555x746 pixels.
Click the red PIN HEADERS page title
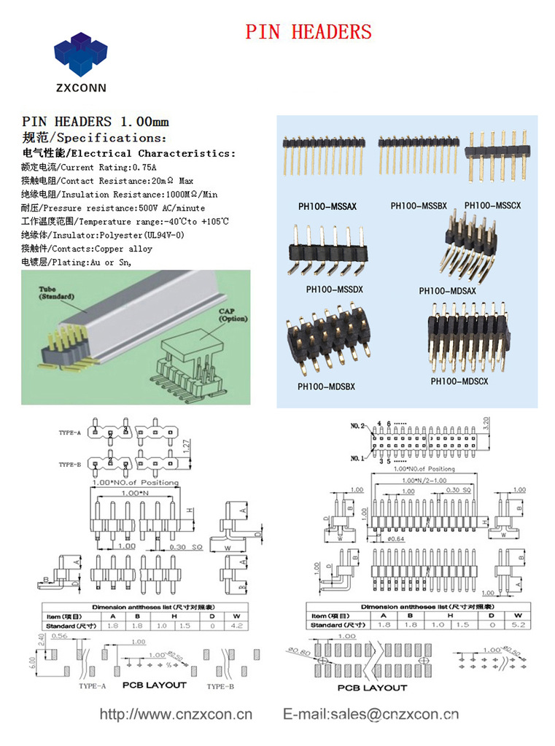[x=308, y=32]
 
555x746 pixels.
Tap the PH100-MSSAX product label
[x=327, y=206]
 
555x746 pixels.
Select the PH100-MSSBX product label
[x=419, y=206]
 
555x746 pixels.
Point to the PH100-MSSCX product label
[x=493, y=206]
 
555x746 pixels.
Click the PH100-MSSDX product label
[x=335, y=290]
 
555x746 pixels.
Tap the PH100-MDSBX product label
[x=326, y=386]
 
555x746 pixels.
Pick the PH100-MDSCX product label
[x=459, y=381]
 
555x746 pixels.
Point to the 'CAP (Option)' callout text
[x=233, y=315]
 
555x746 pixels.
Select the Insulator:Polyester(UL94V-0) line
[x=103, y=236]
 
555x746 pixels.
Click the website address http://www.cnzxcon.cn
[x=176, y=714]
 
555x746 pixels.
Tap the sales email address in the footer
[x=370, y=714]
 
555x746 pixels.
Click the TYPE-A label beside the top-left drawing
[x=70, y=433]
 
